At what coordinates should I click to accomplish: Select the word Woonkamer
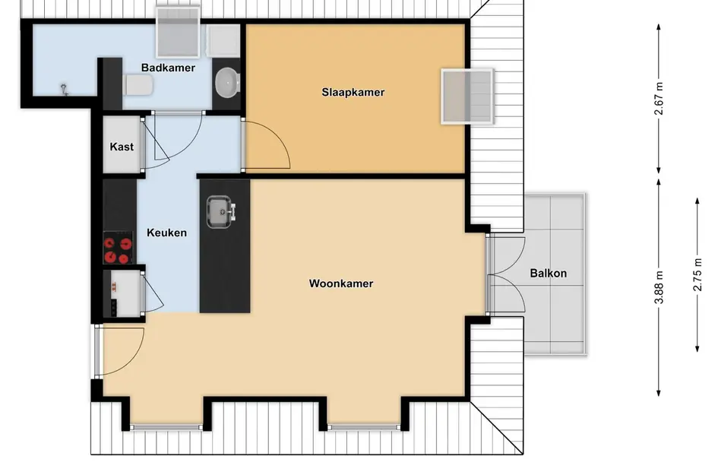click(340, 283)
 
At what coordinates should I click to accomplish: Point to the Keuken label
click(166, 233)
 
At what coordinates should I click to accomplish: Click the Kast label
click(122, 146)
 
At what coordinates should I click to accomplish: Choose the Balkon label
click(548, 274)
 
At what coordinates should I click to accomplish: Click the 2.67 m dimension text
click(659, 99)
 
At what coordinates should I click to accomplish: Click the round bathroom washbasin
click(226, 81)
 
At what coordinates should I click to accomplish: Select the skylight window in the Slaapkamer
click(467, 97)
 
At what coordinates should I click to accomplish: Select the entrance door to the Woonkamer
click(120, 350)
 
